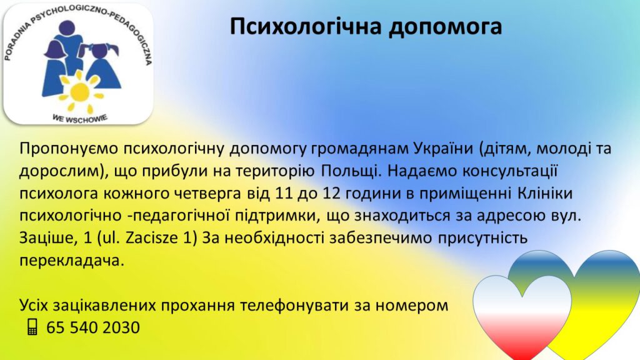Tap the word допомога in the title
coord(445,27)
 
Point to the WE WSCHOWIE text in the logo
coord(80,119)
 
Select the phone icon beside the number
coord(32,327)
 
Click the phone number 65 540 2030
coord(93,327)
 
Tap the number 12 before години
coord(331,193)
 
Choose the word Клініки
coord(545,193)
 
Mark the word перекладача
coord(71,261)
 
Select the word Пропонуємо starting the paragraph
coord(69,149)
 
